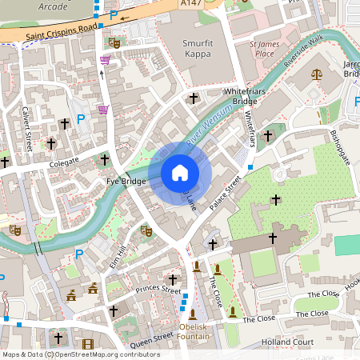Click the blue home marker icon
coord(180,172)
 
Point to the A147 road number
coord(190,4)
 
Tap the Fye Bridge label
coord(126,182)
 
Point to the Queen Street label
coord(151,338)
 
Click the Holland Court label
coord(286,343)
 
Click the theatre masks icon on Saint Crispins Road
coord(114,41)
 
